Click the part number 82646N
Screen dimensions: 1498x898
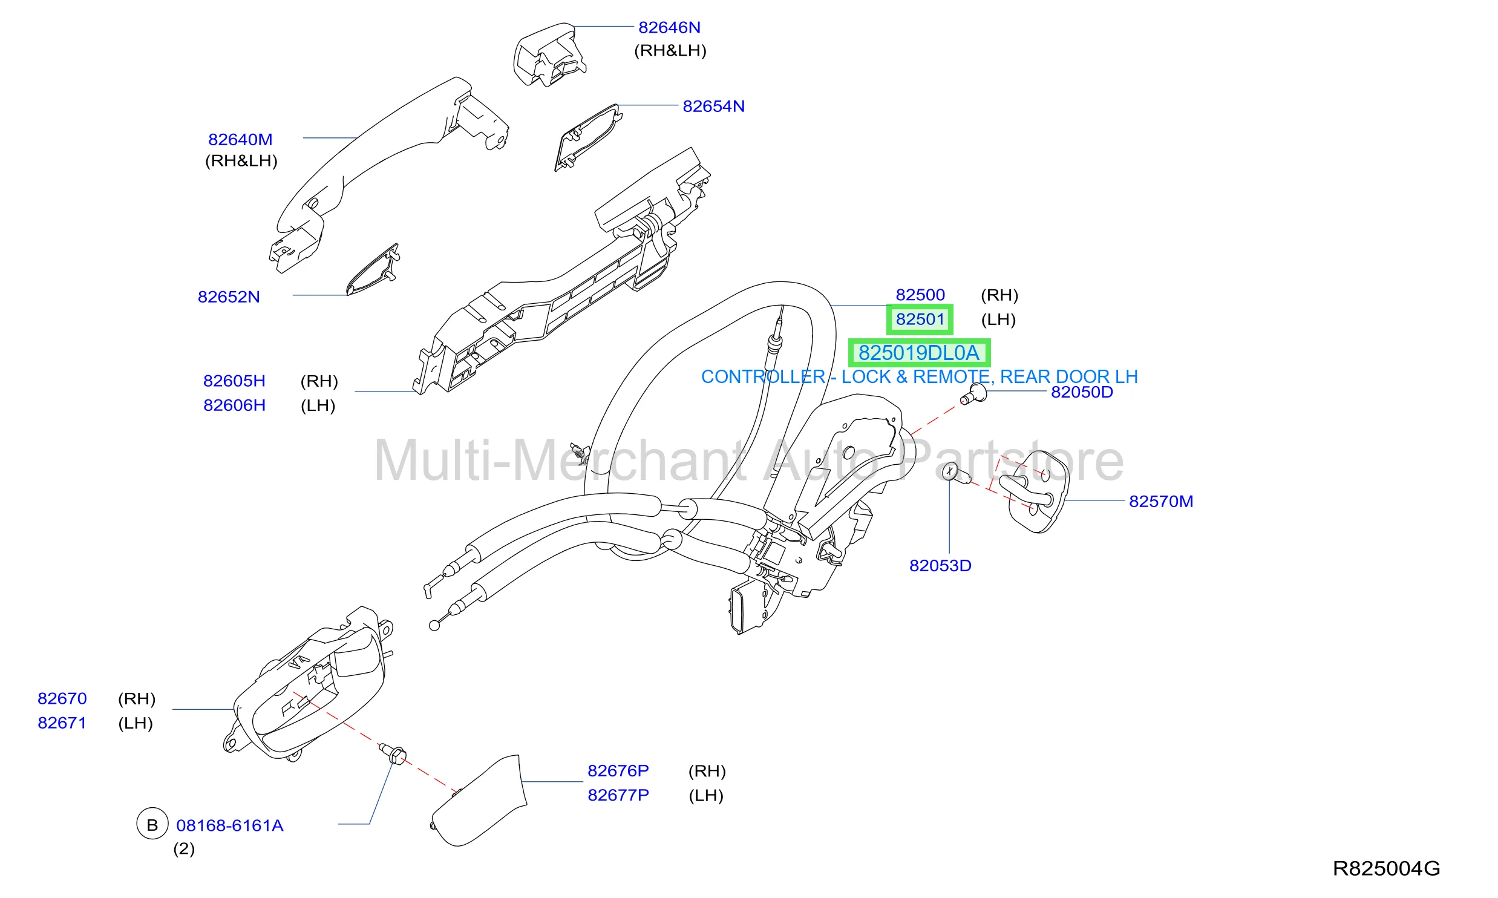pos(669,27)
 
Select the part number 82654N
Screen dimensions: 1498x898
pos(713,106)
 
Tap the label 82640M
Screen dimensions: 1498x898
pos(240,139)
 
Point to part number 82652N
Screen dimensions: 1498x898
pos(229,297)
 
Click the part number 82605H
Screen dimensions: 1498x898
pos(234,381)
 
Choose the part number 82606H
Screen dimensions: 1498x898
pos(234,405)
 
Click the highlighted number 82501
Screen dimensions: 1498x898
pos(920,319)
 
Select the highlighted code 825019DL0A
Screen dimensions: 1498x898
pos(919,353)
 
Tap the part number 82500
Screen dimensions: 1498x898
pos(920,295)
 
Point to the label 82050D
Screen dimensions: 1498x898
pos(1082,392)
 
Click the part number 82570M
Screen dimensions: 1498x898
pos(1161,501)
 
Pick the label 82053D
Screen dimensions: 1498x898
pos(940,565)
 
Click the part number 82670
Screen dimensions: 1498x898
pos(62,698)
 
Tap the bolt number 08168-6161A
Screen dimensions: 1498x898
pos(230,825)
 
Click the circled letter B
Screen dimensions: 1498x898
pos(152,824)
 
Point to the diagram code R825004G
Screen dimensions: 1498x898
pos(1386,868)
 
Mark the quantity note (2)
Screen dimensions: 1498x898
pos(184,849)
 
